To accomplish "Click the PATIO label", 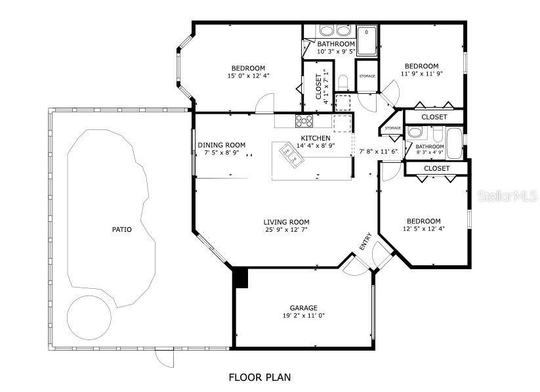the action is [x=122, y=229].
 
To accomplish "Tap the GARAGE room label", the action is [x=303, y=308].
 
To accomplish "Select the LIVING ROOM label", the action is [x=286, y=222].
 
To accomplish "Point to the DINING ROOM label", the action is [x=221, y=145].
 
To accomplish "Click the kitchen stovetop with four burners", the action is [x=304, y=121].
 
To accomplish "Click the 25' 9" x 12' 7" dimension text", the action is [x=286, y=230].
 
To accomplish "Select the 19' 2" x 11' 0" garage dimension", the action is [x=303, y=315].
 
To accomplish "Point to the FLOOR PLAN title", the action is [x=260, y=377].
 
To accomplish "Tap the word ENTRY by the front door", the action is [x=365, y=242].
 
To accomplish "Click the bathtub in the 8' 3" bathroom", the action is [x=454, y=143].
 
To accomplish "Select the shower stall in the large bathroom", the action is [x=367, y=40].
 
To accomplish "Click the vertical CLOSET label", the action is [x=319, y=86].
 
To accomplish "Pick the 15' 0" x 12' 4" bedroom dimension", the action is [x=248, y=76].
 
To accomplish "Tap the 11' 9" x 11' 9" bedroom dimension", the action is [x=421, y=74].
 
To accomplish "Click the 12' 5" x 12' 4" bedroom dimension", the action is [x=424, y=229].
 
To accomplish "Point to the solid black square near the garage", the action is [x=240, y=278].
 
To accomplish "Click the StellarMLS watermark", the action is [x=508, y=196].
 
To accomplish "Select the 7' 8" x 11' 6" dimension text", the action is [x=379, y=152].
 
